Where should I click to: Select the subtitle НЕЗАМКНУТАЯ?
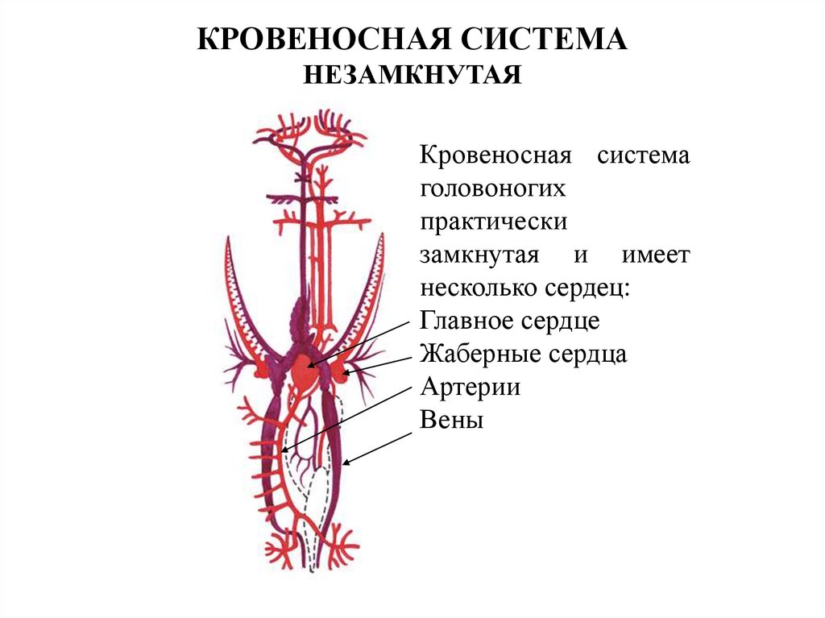(x=412, y=75)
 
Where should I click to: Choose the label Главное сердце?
(x=509, y=320)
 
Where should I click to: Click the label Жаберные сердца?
(x=523, y=354)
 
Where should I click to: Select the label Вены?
(x=451, y=420)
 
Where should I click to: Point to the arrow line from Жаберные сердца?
(x=383, y=364)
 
